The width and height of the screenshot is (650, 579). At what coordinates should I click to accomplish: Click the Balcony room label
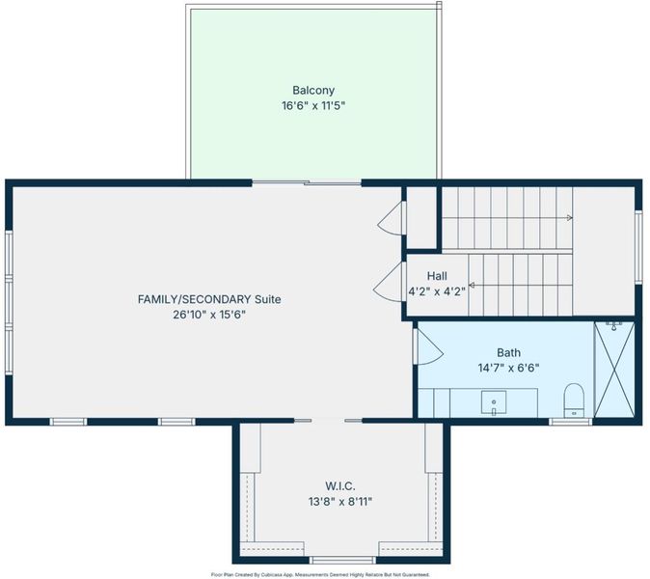(313, 91)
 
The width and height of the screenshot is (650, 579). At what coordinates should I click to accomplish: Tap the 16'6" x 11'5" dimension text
(313, 106)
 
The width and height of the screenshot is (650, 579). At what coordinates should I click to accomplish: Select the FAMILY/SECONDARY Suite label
(209, 299)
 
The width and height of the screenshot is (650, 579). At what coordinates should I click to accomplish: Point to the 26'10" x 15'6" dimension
(209, 315)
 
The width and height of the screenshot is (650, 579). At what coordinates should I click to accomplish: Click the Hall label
(437, 276)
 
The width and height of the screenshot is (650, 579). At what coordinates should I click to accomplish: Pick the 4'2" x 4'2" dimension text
(437, 291)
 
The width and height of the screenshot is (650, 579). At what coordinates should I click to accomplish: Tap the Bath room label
(508, 352)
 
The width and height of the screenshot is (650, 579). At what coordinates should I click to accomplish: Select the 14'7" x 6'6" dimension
(508, 368)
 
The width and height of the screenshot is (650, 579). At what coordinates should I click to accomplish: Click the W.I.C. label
(339, 486)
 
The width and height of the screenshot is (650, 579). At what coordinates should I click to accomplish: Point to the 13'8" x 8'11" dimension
(339, 502)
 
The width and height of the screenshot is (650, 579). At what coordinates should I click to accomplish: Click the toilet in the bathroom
(574, 400)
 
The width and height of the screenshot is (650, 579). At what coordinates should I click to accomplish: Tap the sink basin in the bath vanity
(494, 401)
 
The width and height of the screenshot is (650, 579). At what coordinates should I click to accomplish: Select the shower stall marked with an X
(614, 370)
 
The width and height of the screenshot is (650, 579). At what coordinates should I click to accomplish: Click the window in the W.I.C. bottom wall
(342, 561)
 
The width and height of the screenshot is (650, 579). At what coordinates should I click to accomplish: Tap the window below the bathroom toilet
(570, 422)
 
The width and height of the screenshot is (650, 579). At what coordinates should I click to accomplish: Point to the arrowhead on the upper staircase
(570, 218)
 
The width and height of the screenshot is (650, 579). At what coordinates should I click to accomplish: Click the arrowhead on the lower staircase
(472, 286)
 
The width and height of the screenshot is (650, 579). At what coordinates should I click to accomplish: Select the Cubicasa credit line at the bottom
(320, 575)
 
